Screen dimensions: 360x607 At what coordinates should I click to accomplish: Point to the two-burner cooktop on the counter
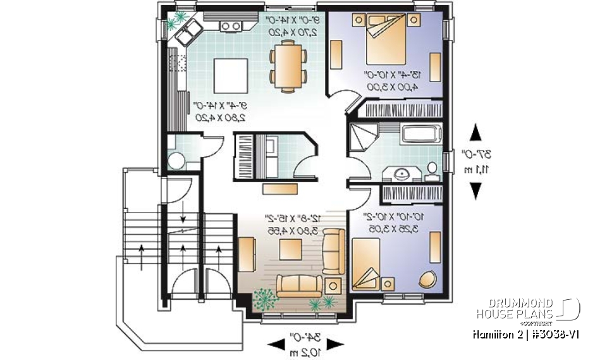click(x=231, y=26)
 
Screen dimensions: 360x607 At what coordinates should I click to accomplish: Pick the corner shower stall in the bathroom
click(x=362, y=136)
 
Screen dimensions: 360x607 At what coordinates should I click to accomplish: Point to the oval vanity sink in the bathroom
click(x=401, y=171)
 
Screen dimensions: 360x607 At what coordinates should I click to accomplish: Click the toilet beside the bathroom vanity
click(x=432, y=170)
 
